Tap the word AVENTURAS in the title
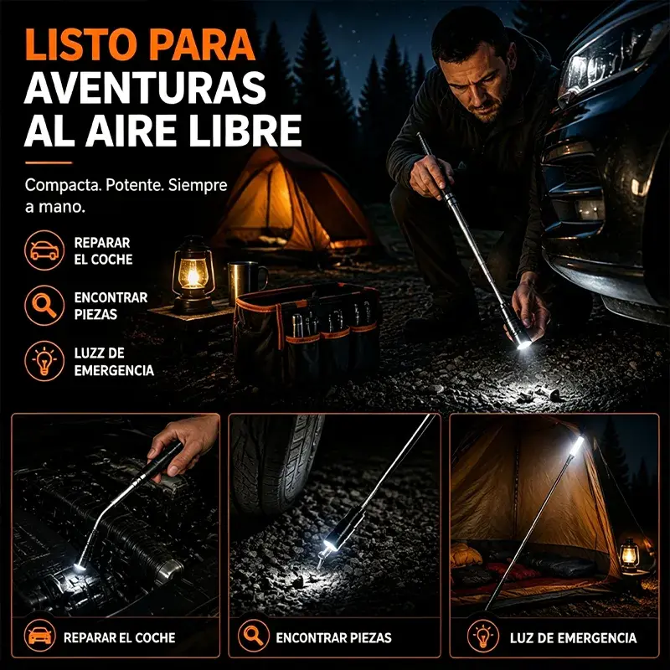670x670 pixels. click(145, 87)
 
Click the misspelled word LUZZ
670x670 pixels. click(92, 353)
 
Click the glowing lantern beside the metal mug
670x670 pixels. click(193, 275)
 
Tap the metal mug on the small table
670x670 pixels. click(246, 282)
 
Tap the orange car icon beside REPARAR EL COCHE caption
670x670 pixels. click(39, 636)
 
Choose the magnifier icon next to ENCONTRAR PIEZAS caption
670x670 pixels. click(254, 636)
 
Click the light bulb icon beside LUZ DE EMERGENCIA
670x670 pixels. click(483, 636)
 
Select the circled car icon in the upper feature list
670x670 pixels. click(44, 250)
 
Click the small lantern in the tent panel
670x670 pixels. click(630, 554)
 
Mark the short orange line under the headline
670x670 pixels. click(49, 162)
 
